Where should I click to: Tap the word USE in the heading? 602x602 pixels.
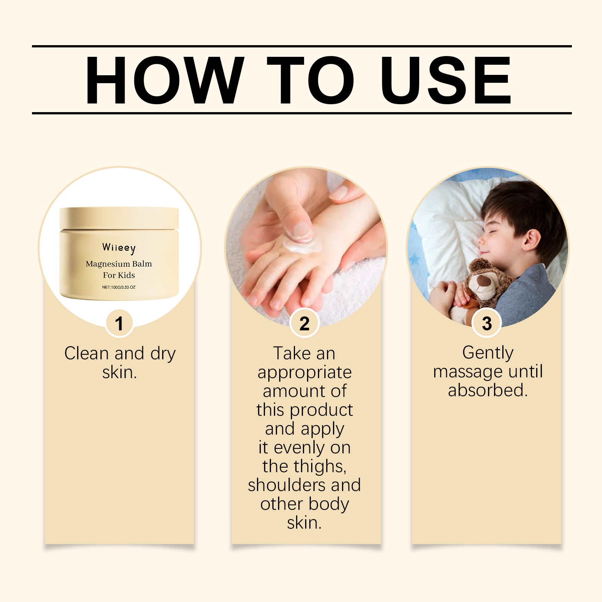pyautogui.click(x=445, y=80)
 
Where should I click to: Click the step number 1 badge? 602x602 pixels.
pyautogui.click(x=119, y=323)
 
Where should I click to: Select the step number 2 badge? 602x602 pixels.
pyautogui.click(x=304, y=323)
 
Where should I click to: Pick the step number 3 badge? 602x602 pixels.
pyautogui.click(x=487, y=323)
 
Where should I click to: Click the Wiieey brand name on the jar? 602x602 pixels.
pyautogui.click(x=119, y=248)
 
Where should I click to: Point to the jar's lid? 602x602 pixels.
pyautogui.click(x=119, y=218)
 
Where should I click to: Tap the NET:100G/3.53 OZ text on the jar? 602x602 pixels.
pyautogui.click(x=119, y=287)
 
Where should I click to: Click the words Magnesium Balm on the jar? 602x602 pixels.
pyautogui.click(x=119, y=264)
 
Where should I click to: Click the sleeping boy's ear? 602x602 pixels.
pyautogui.click(x=531, y=240)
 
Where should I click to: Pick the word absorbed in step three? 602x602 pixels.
pyautogui.click(x=488, y=390)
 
